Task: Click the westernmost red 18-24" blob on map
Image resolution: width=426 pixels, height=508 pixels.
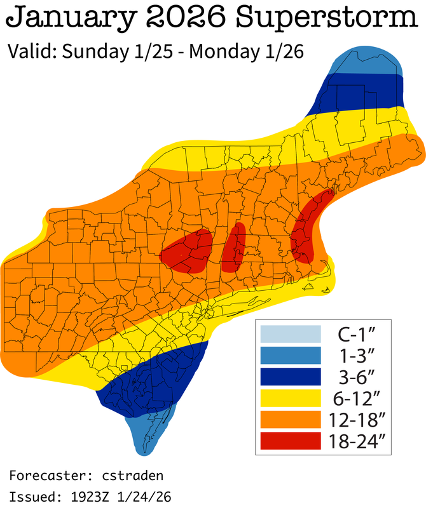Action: click(x=187, y=251)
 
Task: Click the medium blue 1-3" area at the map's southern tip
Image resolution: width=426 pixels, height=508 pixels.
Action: click(x=149, y=435)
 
